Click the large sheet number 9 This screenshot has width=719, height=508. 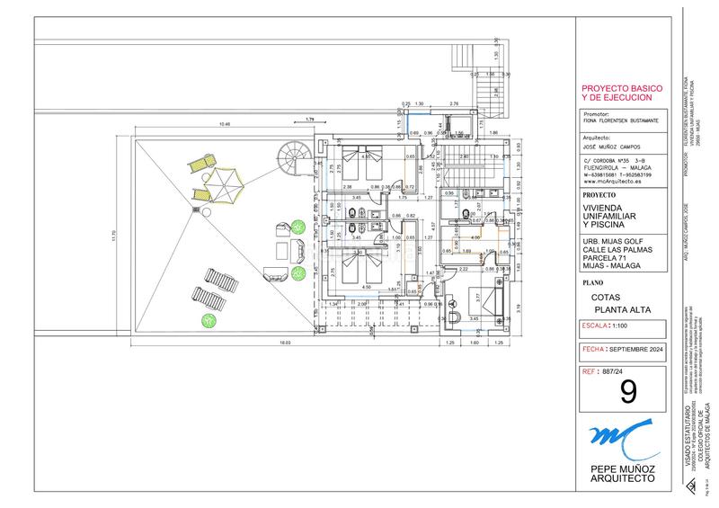pos(627,391)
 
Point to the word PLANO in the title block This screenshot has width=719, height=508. pos(593,281)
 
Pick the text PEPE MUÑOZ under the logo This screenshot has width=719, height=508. pos(622,469)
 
